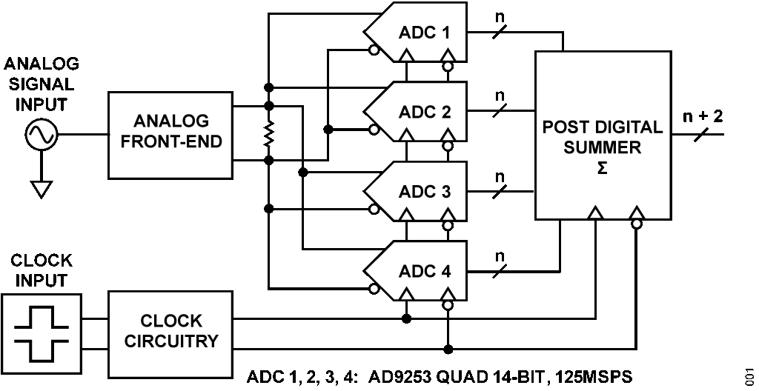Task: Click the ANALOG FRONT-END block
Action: click(170, 136)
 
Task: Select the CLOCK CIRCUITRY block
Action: click(170, 334)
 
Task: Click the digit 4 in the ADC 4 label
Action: click(446, 271)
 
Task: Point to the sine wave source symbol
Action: click(42, 135)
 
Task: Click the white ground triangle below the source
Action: click(42, 190)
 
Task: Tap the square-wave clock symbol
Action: click(42, 334)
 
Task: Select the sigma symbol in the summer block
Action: click(603, 168)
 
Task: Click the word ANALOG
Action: click(171, 121)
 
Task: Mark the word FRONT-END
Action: click(171, 141)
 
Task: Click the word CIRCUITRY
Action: click(171, 341)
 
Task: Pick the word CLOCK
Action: click(171, 321)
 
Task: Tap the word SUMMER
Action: click(603, 147)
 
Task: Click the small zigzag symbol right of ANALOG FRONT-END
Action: click(268, 133)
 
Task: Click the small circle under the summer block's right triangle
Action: click(637, 224)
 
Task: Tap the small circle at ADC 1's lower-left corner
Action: click(374, 51)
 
